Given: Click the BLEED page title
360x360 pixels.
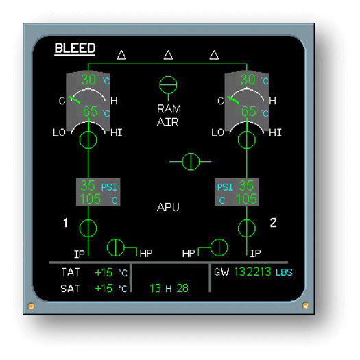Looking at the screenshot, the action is click(x=75, y=48).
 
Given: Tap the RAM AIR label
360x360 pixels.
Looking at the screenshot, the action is click(x=169, y=115).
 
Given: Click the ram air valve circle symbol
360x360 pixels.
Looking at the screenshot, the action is click(x=168, y=85).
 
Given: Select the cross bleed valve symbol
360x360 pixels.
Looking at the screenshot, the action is click(x=191, y=162).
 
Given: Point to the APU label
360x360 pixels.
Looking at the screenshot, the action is click(x=168, y=207).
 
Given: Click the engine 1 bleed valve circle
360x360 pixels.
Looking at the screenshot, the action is click(x=88, y=228).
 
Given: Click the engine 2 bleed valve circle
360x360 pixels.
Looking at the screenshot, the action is click(x=247, y=228).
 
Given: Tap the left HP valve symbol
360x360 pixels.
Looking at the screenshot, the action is click(x=116, y=248).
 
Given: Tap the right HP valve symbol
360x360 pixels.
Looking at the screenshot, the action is click(x=219, y=248).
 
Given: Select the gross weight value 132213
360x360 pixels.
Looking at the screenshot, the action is click(x=252, y=272).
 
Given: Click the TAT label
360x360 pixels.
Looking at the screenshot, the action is click(x=71, y=272).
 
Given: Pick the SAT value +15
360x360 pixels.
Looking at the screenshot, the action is click(x=104, y=289).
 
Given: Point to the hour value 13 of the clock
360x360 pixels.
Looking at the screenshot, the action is click(x=155, y=289).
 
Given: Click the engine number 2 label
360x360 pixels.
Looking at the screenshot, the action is click(x=273, y=223).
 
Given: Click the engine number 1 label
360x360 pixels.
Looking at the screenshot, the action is click(x=66, y=223).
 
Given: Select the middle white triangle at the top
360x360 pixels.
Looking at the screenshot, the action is click(x=168, y=55).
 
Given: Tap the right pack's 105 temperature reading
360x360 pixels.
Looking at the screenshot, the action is click(x=246, y=199).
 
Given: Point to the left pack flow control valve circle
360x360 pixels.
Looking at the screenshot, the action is click(x=88, y=140).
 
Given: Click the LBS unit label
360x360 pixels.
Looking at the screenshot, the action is click(x=285, y=272).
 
